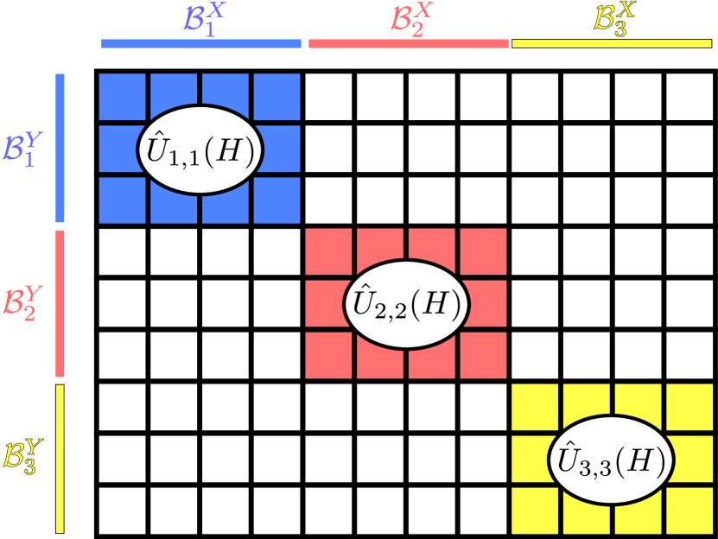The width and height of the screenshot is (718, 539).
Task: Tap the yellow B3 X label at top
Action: coord(612,18)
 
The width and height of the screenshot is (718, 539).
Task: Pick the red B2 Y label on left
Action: coord(21,303)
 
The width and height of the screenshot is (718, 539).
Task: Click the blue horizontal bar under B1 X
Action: coord(201,43)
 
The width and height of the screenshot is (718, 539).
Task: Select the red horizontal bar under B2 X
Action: coord(408,43)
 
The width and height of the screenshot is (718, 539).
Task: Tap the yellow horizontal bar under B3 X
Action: coord(612,43)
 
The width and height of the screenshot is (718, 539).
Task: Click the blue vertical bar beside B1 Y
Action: coord(60,149)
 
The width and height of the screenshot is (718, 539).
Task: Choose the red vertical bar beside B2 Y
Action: coord(60,303)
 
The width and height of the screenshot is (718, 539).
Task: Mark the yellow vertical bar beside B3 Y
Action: coord(60,459)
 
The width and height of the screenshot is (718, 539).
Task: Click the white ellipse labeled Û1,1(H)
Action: coord(200,149)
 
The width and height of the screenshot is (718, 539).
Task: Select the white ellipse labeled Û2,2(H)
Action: coord(406,305)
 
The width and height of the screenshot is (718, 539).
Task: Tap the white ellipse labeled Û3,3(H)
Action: coord(612,460)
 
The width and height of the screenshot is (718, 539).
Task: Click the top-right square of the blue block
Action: coord(276,96)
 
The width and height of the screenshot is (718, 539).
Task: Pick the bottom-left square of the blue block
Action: coord(123,200)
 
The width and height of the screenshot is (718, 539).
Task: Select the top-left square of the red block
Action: coord(328,251)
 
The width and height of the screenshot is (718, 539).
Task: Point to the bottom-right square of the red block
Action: coord(483,355)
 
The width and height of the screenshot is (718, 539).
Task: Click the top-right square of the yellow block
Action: coord(689,406)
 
